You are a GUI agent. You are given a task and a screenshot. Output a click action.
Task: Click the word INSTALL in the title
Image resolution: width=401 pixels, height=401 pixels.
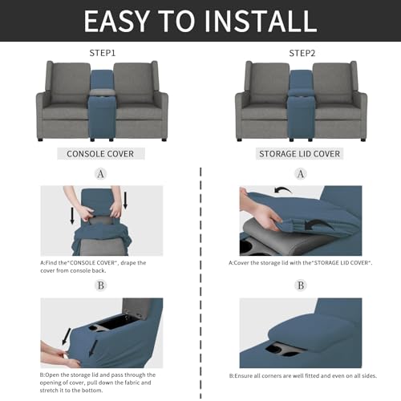click(x=256, y=20)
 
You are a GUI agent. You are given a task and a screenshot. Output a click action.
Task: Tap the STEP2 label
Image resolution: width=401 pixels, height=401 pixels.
click(x=300, y=54)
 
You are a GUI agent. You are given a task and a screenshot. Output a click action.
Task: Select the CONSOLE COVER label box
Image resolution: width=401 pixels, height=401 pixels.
click(x=100, y=153)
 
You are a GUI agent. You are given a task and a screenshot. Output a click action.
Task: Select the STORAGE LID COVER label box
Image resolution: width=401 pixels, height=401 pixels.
click(x=300, y=153)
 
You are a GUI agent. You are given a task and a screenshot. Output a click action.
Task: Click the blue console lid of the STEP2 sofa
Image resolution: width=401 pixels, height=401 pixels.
click(x=300, y=80)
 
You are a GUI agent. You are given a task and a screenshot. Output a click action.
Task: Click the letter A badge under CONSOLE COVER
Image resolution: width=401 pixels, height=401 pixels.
click(x=100, y=173)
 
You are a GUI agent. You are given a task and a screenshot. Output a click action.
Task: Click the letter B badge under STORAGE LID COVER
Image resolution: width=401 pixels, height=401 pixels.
click(x=300, y=286)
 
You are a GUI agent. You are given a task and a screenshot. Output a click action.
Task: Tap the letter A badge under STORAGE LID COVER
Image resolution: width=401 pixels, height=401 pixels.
click(x=300, y=173)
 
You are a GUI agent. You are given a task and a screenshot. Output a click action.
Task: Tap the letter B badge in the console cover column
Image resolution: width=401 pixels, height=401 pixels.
click(x=100, y=286)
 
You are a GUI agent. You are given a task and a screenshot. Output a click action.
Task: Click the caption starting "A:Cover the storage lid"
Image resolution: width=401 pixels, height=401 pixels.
click(x=300, y=262)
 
